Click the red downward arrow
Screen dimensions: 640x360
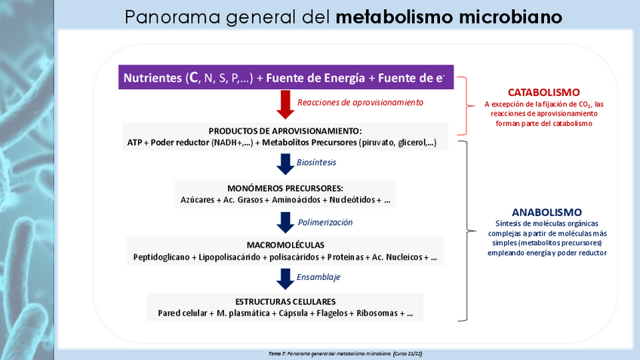tap(285, 104)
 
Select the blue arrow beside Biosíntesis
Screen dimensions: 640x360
tap(285, 164)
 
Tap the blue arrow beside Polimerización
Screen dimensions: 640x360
tap(285, 223)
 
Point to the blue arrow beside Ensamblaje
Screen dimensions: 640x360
tap(285, 278)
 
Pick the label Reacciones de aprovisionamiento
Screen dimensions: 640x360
tap(360, 102)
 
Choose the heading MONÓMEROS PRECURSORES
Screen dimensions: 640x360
tap(285, 188)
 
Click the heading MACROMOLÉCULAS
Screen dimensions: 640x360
tap(285, 245)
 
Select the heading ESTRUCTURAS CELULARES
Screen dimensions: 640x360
tap(285, 300)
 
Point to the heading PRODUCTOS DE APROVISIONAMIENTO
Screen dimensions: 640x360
tap(285, 130)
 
